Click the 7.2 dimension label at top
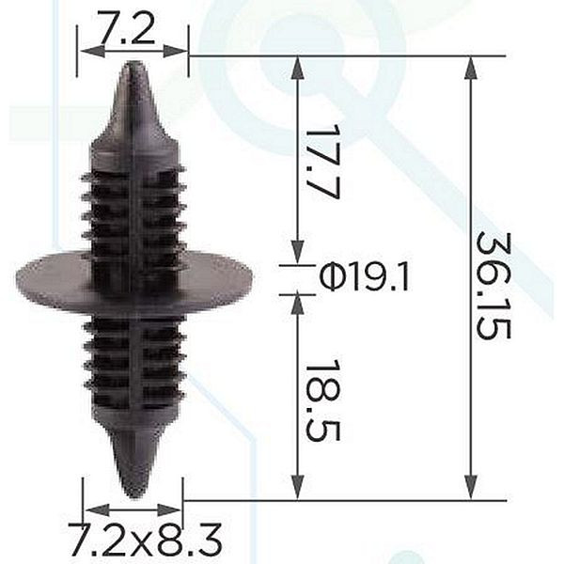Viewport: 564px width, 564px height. click(126, 28)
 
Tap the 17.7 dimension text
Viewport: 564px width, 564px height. click(322, 162)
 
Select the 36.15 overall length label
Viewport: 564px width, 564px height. click(493, 286)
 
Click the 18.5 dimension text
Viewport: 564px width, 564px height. click(322, 399)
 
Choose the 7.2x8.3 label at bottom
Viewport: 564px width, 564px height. click(145, 540)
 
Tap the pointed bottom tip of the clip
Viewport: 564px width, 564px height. click(134, 498)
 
